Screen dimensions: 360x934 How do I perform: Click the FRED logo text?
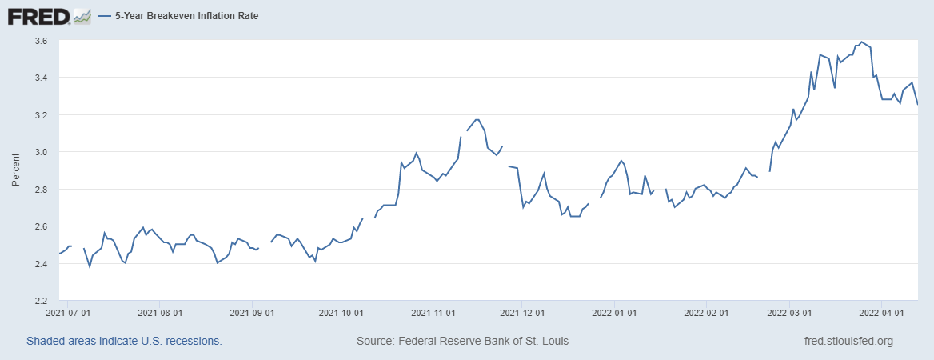(37, 15)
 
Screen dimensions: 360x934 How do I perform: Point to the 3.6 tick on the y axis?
(41, 41)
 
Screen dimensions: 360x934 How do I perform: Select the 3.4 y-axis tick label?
(41, 78)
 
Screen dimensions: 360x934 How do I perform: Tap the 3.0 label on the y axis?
(41, 152)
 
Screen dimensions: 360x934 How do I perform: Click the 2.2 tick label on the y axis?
(41, 301)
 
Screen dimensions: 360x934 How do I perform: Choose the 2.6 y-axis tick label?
(41, 226)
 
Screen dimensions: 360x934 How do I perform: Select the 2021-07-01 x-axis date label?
(69, 314)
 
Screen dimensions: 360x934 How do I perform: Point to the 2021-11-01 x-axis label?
(433, 314)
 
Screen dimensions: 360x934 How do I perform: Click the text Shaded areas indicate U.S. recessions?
(124, 341)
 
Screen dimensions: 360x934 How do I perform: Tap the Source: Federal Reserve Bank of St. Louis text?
(462, 341)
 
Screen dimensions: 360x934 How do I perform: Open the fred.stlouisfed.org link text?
(848, 341)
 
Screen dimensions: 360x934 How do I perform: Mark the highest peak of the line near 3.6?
(860, 41)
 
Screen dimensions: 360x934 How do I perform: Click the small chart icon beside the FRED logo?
(82, 15)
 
